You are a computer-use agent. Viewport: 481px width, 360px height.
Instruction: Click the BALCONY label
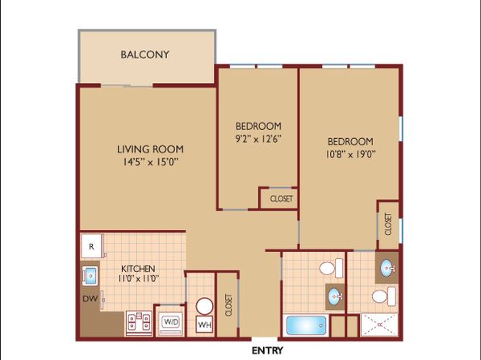[x=144, y=55]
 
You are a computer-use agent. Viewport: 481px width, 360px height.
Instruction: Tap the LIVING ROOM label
[x=150, y=149]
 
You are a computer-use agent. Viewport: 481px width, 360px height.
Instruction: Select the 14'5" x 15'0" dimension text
[x=151, y=161]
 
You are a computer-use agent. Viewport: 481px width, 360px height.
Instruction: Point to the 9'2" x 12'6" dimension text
[x=258, y=139]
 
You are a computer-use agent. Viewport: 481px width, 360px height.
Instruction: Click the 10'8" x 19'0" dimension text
[x=350, y=153]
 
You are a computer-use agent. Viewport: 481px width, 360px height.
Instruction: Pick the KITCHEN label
[x=138, y=269]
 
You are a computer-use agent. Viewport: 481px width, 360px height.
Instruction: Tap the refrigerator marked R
[x=91, y=246]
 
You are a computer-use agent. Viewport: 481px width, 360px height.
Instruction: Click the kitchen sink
[x=90, y=276]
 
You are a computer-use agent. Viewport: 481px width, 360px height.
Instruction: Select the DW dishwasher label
[x=90, y=299]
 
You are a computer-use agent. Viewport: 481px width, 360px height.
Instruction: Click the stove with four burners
[x=139, y=323]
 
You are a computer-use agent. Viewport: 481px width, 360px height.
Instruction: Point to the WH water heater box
[x=205, y=324]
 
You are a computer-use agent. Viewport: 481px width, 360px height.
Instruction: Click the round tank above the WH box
[x=205, y=306]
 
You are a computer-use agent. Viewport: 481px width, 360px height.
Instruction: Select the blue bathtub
[x=306, y=325]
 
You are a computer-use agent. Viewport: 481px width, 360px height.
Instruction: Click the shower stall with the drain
[x=379, y=324]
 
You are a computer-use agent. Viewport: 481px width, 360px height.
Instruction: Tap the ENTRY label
[x=267, y=350]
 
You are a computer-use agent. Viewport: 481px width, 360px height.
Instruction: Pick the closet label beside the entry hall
[x=228, y=305]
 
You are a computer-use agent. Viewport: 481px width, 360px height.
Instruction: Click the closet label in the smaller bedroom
[x=282, y=199]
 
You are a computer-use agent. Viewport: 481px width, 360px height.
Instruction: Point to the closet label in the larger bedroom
[x=388, y=224]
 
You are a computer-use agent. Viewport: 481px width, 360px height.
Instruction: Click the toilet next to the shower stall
[x=384, y=296]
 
